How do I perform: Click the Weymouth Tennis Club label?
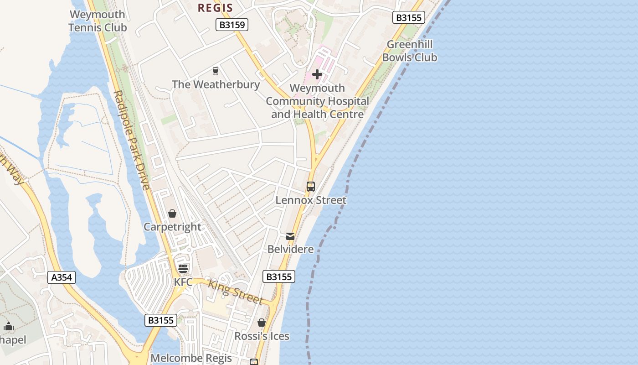tap(97, 21)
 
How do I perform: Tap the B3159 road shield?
tap(232, 25)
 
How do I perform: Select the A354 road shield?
tap(62, 277)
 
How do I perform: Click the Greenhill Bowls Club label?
tap(409, 51)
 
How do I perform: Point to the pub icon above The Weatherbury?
tap(216, 71)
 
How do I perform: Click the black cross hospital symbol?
tap(317, 74)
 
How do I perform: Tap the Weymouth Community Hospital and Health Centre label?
tap(318, 101)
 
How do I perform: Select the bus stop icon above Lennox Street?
tap(311, 186)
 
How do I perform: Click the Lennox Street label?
tap(311, 200)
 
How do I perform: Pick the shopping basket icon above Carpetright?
tap(172, 213)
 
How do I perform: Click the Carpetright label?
tap(172, 227)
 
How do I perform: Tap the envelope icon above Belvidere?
tap(290, 236)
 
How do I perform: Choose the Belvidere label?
tap(290, 249)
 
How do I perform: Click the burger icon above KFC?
tap(183, 268)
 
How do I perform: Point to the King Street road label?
tap(235, 292)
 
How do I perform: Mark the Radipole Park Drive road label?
tap(131, 140)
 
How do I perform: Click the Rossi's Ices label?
tap(262, 336)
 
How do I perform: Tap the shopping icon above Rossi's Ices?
tap(262, 323)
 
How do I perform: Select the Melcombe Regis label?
tap(191, 358)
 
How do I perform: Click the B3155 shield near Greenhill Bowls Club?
tap(409, 18)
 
